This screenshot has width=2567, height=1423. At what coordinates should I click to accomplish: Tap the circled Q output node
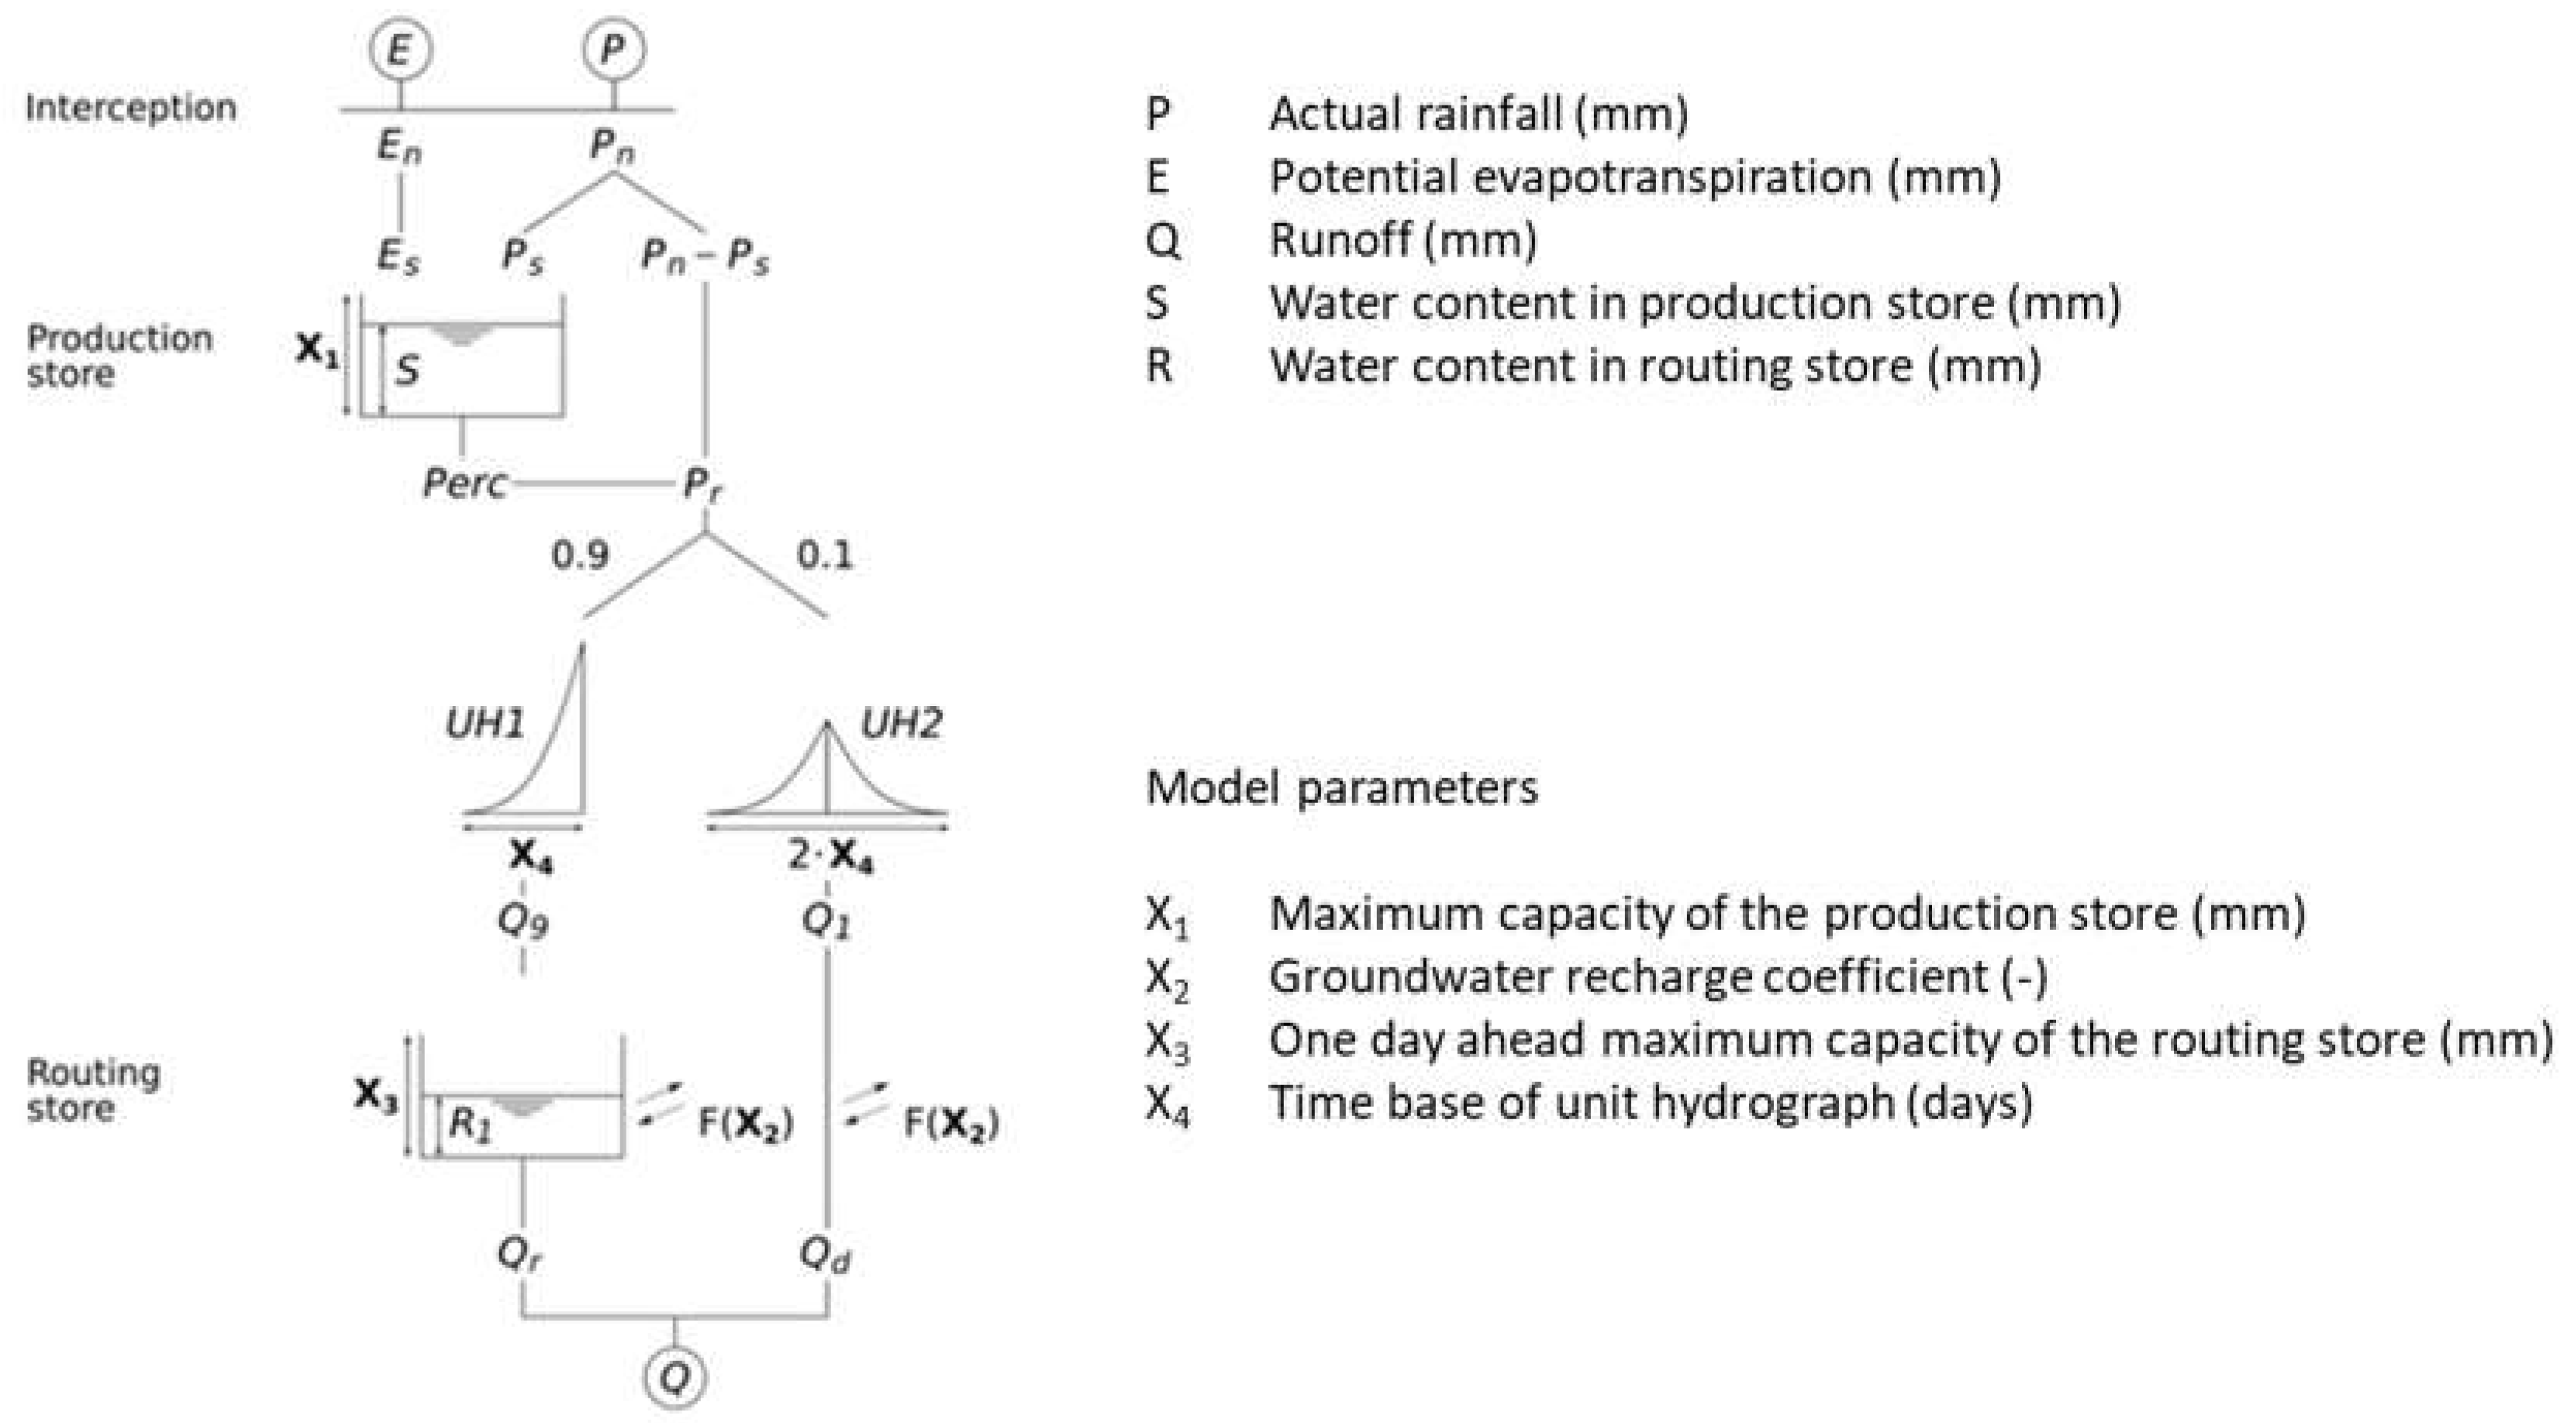[x=675, y=1378]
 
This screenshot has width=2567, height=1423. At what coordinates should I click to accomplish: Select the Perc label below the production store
[x=464, y=484]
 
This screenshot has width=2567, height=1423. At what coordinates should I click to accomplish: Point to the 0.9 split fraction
[x=580, y=555]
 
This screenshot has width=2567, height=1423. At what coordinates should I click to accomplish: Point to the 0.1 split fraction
[x=825, y=555]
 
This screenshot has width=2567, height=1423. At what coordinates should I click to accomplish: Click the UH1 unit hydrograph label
[x=485, y=723]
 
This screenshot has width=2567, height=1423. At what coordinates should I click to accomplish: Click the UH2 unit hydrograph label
[x=900, y=723]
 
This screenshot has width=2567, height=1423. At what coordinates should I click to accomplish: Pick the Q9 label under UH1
[x=523, y=922]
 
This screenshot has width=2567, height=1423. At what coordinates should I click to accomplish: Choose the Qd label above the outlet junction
[x=826, y=1255]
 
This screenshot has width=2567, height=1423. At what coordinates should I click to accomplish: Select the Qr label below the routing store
[x=520, y=1255]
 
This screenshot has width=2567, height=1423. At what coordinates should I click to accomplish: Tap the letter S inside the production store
[x=406, y=370]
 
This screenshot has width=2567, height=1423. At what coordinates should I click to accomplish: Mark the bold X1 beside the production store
[x=317, y=350]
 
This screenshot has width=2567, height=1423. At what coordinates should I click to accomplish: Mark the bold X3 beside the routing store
[x=376, y=1096]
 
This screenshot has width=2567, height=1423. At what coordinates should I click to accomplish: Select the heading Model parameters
[x=1341, y=788]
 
